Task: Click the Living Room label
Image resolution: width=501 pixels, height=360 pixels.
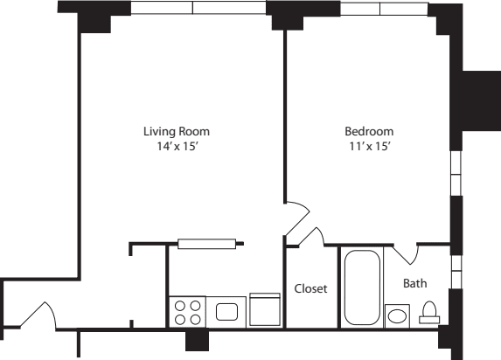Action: click(177, 131)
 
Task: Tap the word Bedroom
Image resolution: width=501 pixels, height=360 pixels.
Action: click(368, 131)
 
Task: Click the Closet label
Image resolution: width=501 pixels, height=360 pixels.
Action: click(310, 288)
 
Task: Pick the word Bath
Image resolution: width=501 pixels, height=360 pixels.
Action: click(414, 283)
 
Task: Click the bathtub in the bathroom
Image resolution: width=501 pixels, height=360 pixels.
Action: click(361, 287)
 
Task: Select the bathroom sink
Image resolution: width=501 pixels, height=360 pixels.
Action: click(398, 315)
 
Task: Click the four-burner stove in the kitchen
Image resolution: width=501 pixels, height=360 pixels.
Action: click(185, 312)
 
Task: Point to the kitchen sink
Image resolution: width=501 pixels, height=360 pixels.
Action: click(228, 311)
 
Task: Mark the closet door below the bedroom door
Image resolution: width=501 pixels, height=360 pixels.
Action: click(304, 235)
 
